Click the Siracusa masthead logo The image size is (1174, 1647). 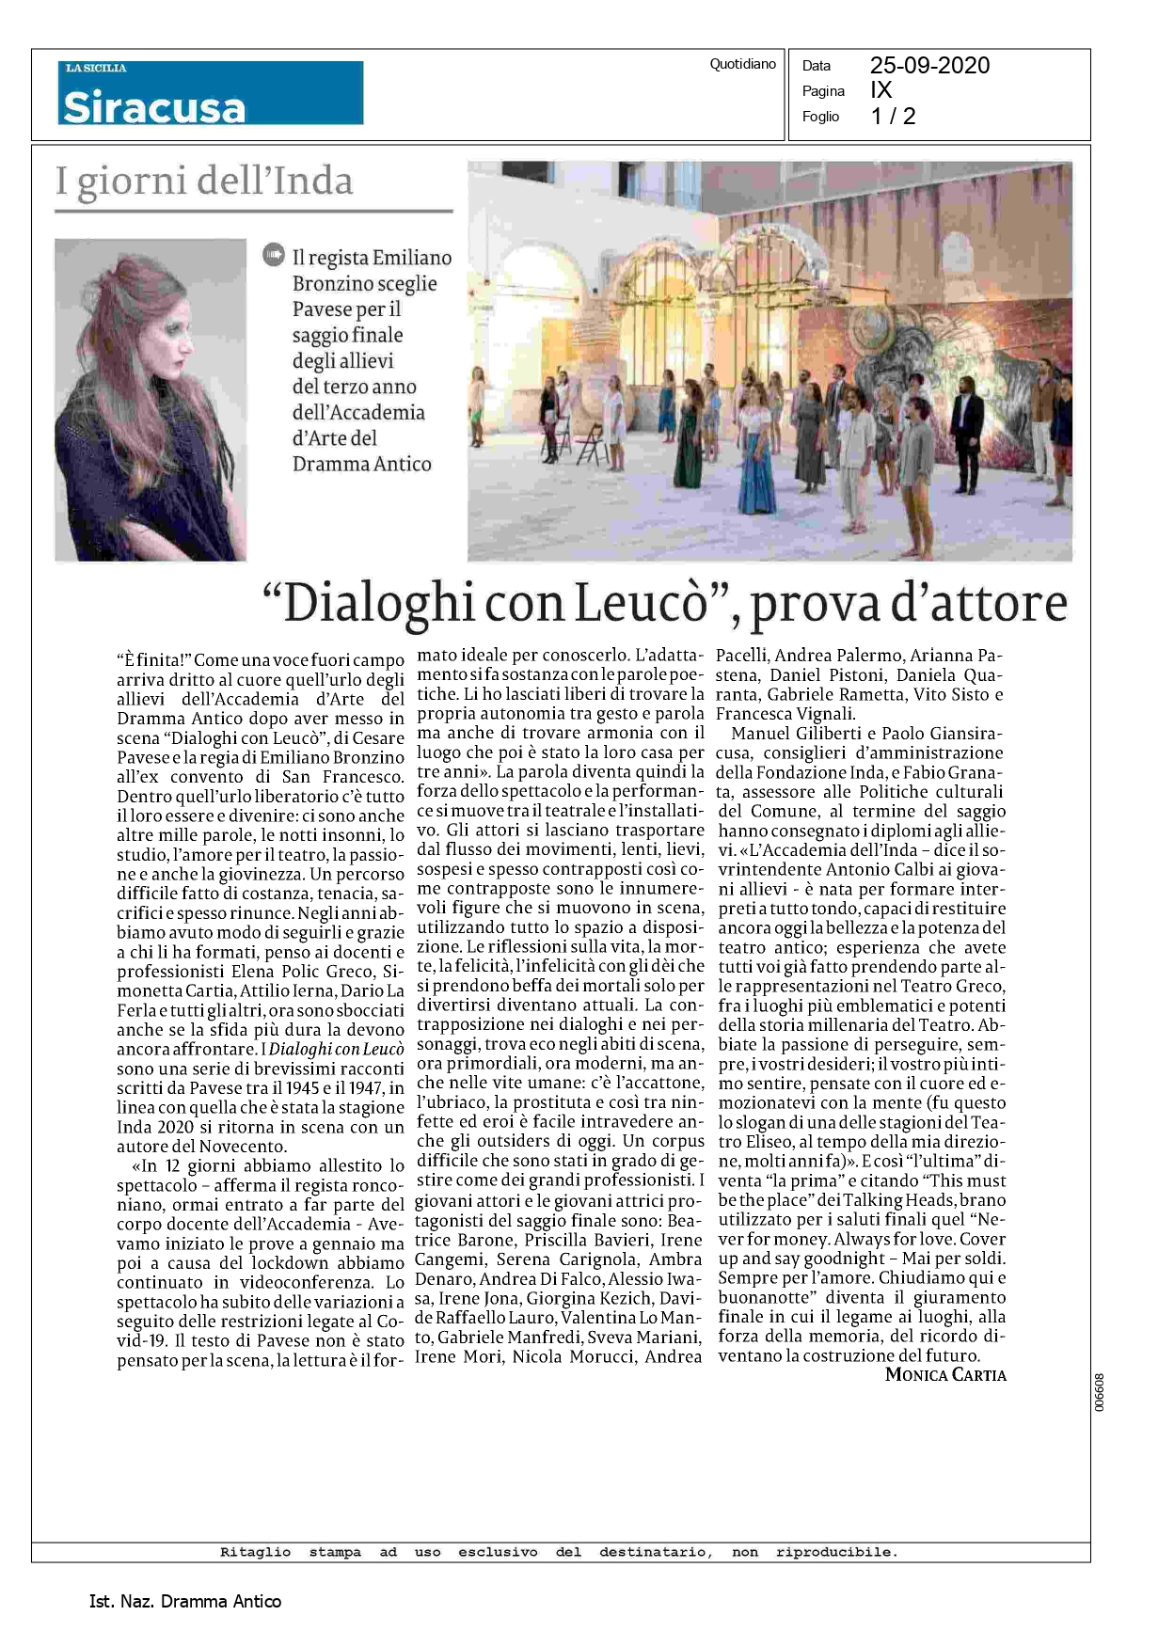(154, 107)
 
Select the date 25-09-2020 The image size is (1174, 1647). (929, 65)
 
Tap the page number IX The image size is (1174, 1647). (880, 90)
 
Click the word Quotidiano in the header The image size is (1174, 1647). (742, 64)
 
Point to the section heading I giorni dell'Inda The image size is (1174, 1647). (204, 181)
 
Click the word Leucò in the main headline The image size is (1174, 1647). (640, 604)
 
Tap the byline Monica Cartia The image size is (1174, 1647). (945, 1374)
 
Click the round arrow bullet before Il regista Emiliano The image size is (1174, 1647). (274, 254)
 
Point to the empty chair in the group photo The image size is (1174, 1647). (591, 445)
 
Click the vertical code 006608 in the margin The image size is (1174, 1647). (1099, 1392)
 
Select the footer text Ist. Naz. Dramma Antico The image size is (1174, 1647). (184, 1601)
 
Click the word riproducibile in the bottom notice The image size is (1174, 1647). (835, 1552)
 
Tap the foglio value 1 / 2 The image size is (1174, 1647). (893, 117)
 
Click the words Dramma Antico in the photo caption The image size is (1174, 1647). (361, 464)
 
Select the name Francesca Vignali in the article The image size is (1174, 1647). (785, 714)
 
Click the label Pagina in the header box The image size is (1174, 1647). (823, 91)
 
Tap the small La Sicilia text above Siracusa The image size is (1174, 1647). (96, 68)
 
